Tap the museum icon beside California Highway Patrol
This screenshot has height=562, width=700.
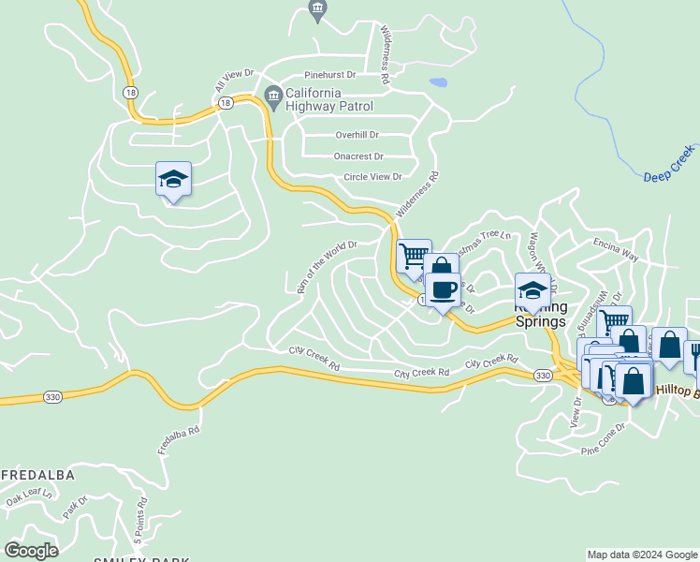(x=273, y=94)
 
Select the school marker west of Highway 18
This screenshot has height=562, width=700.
(x=173, y=179)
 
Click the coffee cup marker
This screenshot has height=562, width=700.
(x=444, y=289)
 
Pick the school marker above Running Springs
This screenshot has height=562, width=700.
(x=532, y=290)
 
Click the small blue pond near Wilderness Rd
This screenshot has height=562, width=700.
(x=438, y=82)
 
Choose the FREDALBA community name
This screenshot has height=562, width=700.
(x=37, y=474)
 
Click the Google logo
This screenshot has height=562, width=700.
(x=31, y=550)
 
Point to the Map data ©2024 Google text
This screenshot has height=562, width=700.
(x=641, y=555)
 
